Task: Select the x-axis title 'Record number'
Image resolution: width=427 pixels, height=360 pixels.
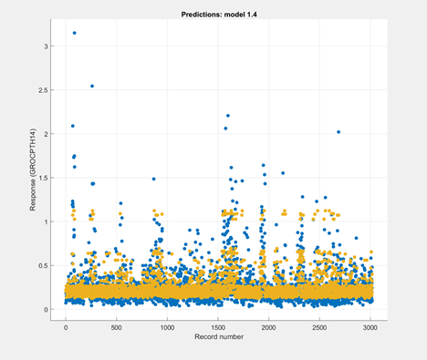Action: coord(216,339)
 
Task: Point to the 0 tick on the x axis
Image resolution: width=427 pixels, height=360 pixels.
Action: coord(66,328)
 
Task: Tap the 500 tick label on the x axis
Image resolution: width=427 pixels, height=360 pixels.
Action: coord(117,328)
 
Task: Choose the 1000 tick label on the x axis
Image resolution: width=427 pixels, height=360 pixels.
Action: coord(167,328)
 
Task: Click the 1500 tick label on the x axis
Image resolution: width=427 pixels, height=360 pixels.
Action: coord(218,328)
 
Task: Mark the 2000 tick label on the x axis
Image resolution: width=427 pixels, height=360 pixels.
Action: coord(269,328)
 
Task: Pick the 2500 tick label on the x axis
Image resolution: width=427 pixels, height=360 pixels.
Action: coord(319,328)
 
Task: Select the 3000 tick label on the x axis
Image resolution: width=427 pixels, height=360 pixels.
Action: coord(370,328)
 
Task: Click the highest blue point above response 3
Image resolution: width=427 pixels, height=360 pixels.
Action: coord(74,33)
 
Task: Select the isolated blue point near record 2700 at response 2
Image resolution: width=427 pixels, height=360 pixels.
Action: coord(338,132)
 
